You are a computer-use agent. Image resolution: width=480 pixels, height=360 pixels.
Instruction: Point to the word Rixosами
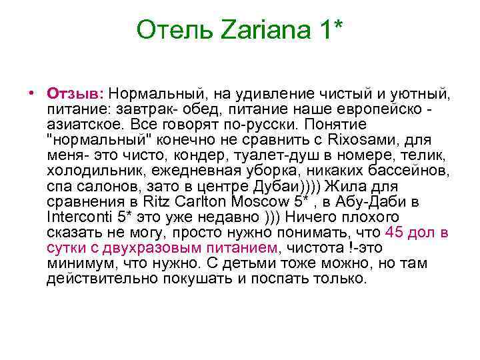(371, 140)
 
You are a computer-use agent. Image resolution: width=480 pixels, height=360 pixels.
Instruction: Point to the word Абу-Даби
(396, 202)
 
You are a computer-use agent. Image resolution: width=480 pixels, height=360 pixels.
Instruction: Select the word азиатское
(84, 125)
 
